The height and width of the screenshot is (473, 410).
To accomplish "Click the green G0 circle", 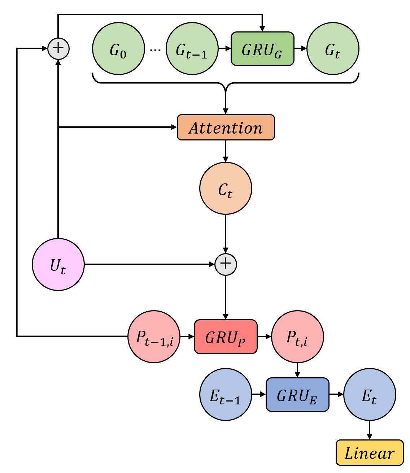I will point(118,49).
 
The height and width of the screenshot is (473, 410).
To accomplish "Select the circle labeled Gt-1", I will point(192,49).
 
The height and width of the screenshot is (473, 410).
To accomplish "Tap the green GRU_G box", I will point(262,49).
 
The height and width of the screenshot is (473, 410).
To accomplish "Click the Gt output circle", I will point(332,49).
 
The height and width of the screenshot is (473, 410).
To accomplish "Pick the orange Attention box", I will point(226,127).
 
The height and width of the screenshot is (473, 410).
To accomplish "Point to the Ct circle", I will point(226,189).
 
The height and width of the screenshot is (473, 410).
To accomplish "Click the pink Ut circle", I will point(58,264).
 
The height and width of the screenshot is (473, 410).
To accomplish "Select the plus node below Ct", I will point(226,264).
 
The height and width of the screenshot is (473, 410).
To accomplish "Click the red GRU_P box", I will point(226,337).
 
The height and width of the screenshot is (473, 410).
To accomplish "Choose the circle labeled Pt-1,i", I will point(154,337).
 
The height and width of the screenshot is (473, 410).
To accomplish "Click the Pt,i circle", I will point(297,337).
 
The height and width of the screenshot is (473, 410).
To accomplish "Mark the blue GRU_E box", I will point(297,395).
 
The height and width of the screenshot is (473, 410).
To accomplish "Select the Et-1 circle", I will point(226,395).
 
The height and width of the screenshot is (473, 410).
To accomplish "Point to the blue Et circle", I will point(369,395).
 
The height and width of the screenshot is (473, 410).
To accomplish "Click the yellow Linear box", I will point(369,452).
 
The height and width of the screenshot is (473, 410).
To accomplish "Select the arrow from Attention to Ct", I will point(226,151).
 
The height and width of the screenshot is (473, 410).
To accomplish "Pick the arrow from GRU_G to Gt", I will point(300,49).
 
